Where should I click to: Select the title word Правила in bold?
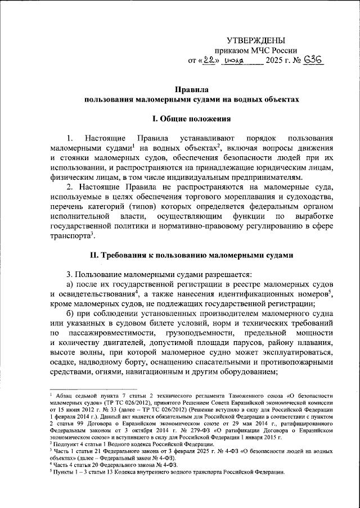[x=191, y=89]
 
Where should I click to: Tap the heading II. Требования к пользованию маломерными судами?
[x=191, y=255]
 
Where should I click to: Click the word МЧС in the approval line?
[x=265, y=51]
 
